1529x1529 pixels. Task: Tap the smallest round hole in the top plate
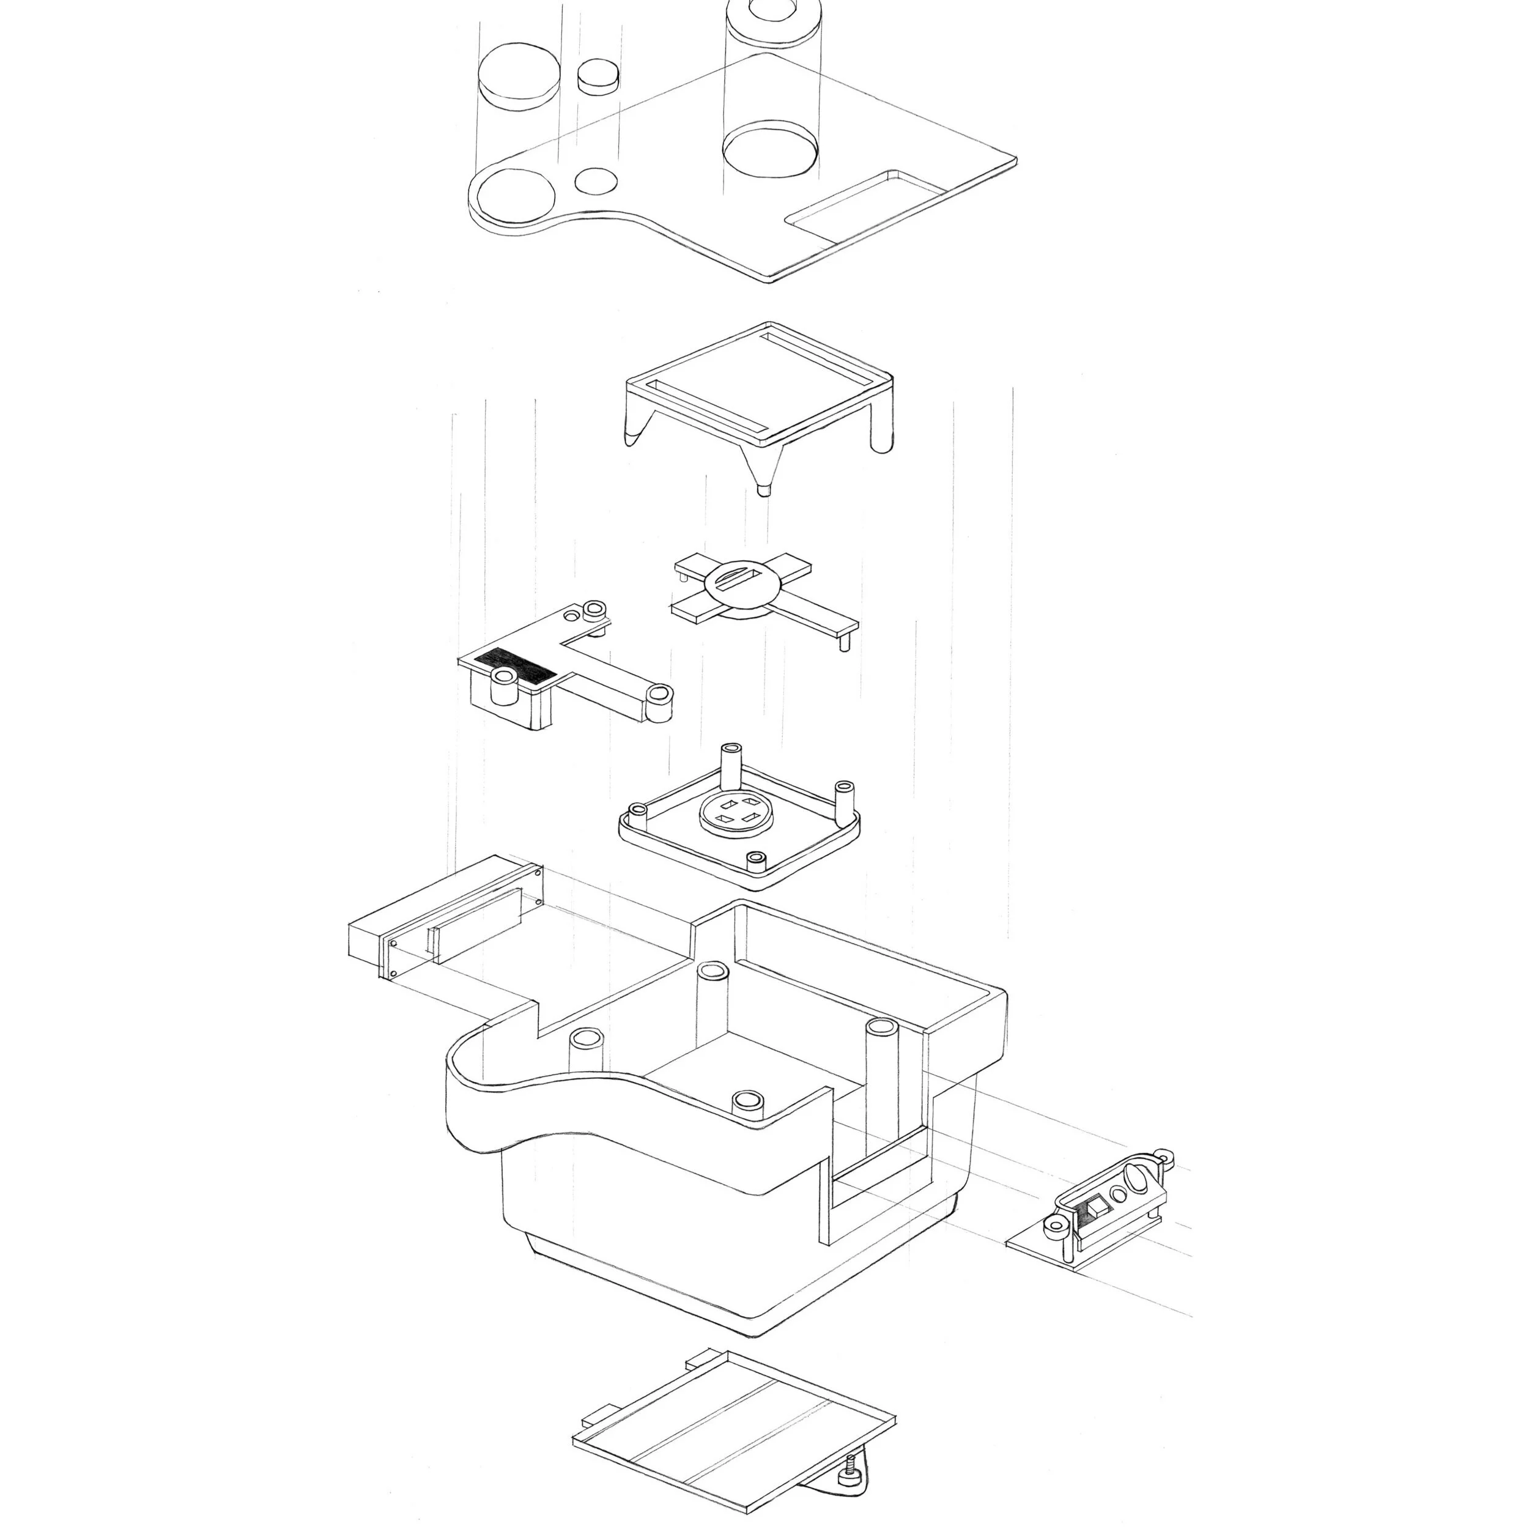[595, 181]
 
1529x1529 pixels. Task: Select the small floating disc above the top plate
[597, 76]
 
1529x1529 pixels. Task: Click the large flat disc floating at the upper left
[519, 76]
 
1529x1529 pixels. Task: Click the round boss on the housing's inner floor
[747, 1101]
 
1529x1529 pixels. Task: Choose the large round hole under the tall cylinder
[770, 150]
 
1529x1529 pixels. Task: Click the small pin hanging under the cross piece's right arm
[843, 642]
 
